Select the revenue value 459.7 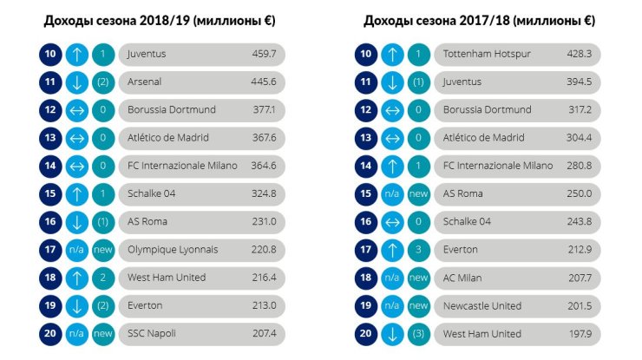click(265, 55)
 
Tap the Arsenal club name click(146, 82)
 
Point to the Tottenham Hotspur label click(475, 55)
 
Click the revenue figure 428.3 click(580, 55)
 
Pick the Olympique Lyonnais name click(173, 250)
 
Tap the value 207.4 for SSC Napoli click(265, 334)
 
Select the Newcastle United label click(482, 306)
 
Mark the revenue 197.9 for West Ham click(580, 334)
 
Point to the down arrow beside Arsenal click(76, 82)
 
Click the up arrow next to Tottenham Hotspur click(391, 55)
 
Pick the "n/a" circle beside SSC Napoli click(76, 334)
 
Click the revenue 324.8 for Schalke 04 click(265, 194)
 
